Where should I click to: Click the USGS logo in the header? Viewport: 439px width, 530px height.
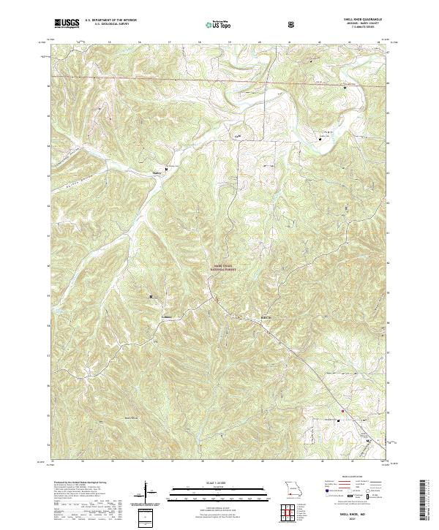pos(66,24)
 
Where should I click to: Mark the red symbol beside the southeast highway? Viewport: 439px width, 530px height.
pos(339,420)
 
